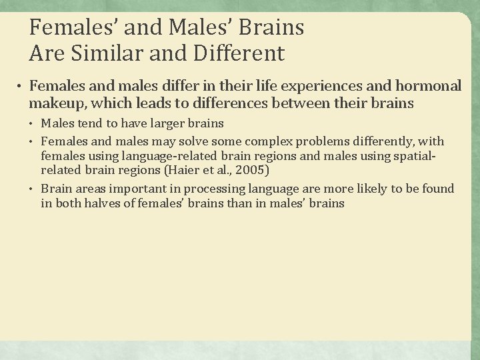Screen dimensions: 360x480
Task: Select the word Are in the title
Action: click(46, 52)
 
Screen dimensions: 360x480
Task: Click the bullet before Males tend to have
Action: click(33, 124)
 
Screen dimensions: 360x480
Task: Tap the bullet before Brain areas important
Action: click(33, 189)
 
